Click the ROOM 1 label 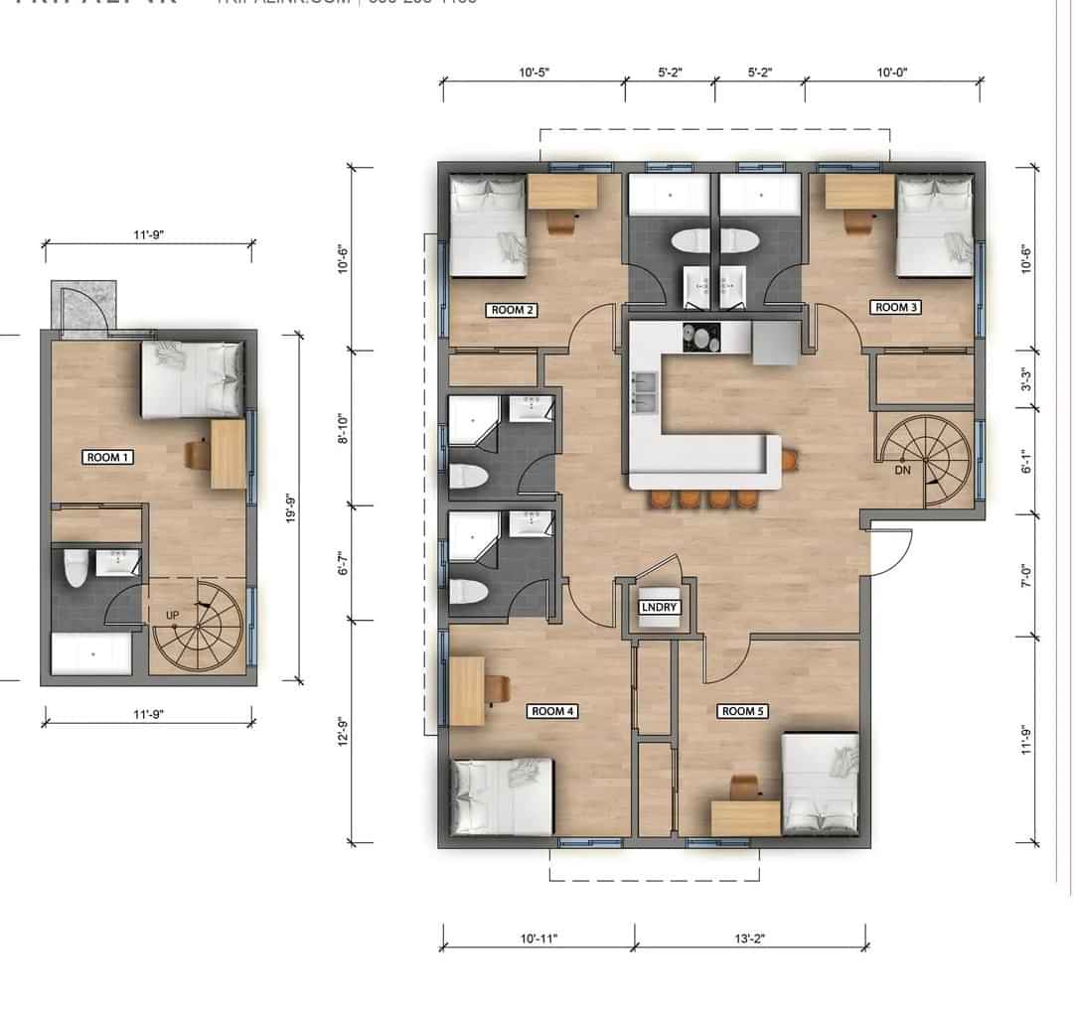coord(109,457)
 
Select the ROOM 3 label coord(896,307)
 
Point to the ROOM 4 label coord(554,711)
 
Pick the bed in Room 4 coord(503,796)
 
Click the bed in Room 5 coord(821,783)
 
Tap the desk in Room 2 coord(562,192)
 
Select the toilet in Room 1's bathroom coord(76,570)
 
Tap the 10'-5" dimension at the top coord(534,72)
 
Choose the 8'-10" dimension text coord(345,428)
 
